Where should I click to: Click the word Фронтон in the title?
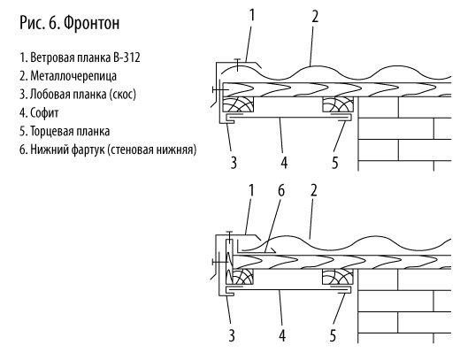92,23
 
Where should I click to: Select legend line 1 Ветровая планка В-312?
80,57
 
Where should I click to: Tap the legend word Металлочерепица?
73,76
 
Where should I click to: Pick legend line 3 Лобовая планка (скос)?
78,95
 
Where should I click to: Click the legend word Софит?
44,113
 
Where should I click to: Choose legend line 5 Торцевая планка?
65,132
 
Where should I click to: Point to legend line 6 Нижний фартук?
108,149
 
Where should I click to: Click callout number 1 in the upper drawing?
251,15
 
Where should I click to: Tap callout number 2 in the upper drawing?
315,17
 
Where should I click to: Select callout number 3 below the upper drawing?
234,162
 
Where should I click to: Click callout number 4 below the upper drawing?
284,162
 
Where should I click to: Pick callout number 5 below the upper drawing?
334,162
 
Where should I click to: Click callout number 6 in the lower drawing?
281,191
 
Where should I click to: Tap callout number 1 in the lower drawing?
251,191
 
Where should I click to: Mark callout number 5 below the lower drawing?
333,335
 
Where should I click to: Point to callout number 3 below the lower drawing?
232,335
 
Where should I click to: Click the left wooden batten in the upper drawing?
238,104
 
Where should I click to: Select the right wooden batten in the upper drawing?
338,104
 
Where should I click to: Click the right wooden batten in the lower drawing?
338,277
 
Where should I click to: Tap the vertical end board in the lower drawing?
229,262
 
